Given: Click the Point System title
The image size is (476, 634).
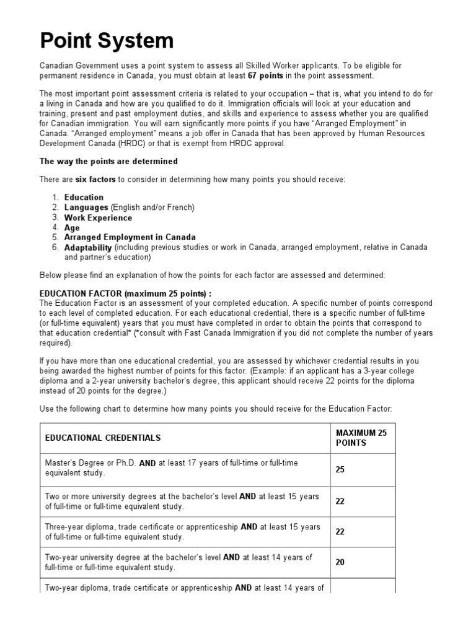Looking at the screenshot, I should click(107, 41).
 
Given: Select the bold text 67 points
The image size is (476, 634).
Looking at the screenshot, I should click(266, 76).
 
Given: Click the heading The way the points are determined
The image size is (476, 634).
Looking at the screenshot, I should click(108, 162).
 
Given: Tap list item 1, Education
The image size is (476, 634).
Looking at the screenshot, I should click(84, 198).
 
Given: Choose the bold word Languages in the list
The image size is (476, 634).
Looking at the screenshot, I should click(86, 207).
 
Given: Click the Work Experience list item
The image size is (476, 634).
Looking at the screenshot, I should click(98, 217).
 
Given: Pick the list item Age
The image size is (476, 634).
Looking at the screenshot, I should click(72, 228).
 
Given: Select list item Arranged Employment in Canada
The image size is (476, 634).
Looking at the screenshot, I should click(130, 237).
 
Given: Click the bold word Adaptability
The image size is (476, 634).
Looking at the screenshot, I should click(89, 247).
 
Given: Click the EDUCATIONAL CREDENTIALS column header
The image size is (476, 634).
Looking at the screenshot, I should click(103, 438).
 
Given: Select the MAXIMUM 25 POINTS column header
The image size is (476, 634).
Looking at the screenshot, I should click(361, 438).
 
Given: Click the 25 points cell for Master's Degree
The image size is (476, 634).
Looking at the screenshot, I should click(340, 469).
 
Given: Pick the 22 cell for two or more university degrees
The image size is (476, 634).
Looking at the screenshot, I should click(340, 501).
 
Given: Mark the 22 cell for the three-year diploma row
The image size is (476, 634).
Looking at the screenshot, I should click(340, 532).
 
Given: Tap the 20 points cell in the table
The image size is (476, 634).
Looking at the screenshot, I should click(340, 562).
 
